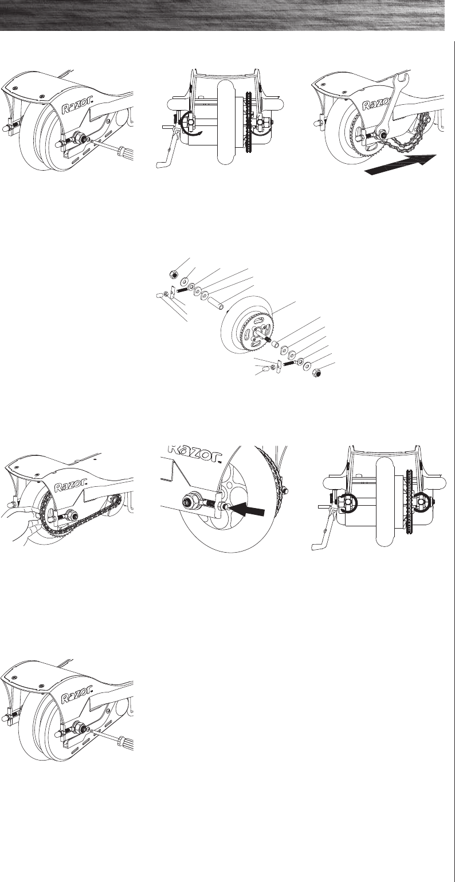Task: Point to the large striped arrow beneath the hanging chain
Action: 401,164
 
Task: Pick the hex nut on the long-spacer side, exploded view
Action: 172,274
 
